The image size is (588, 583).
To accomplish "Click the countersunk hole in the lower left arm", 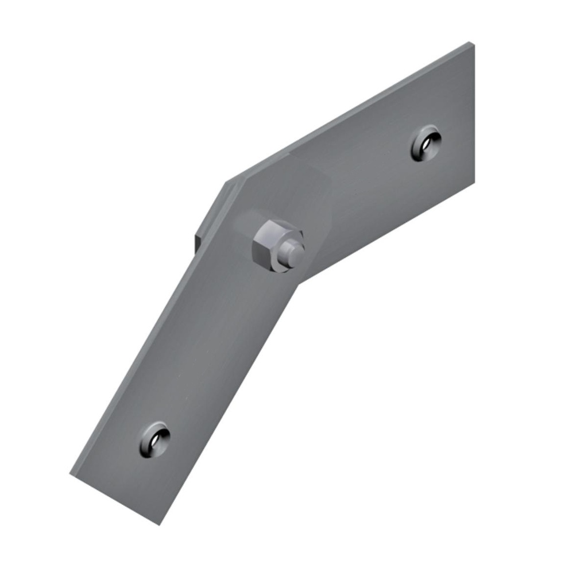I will pyautogui.click(x=154, y=441).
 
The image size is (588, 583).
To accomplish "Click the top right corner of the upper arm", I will pyautogui.click(x=472, y=44).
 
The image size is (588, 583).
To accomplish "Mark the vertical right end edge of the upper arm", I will pyautogui.click(x=474, y=115).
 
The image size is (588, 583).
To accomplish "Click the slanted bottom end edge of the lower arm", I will pyautogui.click(x=115, y=499).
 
